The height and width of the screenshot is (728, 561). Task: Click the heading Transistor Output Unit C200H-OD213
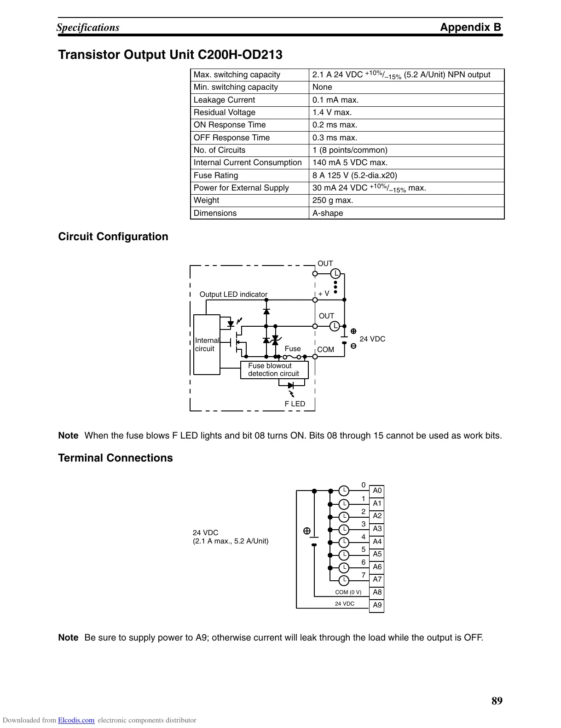(x=170, y=55)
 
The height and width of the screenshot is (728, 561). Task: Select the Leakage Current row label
(x=224, y=100)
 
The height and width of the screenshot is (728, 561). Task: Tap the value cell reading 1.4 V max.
(x=332, y=112)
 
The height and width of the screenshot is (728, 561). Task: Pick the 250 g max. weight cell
(x=333, y=200)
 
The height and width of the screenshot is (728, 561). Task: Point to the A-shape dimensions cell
(x=328, y=213)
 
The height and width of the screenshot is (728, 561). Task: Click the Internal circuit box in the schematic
(x=207, y=345)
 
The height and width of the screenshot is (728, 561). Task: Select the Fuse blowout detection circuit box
(x=274, y=370)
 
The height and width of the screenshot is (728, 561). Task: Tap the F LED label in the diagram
(x=295, y=404)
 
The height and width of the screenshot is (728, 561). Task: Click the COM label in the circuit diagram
(x=325, y=349)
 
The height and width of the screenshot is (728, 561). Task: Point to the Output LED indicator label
(x=233, y=295)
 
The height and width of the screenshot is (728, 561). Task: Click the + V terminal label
(x=324, y=294)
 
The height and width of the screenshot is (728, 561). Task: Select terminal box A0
(x=377, y=491)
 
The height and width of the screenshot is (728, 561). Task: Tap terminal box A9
(x=377, y=605)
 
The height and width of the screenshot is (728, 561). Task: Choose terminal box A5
(x=377, y=554)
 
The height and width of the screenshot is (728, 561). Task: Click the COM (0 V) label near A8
(x=348, y=592)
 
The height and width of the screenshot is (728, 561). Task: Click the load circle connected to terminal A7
(x=344, y=580)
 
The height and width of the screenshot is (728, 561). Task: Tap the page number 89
(x=497, y=701)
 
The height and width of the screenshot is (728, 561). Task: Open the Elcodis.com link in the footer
(x=76, y=721)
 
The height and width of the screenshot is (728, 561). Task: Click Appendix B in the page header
(x=470, y=27)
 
